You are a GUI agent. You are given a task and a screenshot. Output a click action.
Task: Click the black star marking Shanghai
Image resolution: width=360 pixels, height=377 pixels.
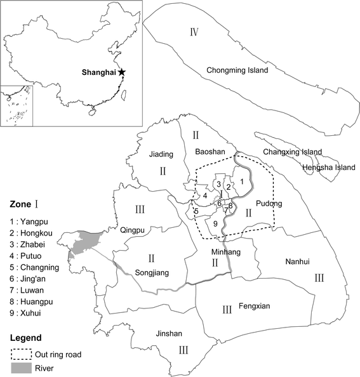(121, 73)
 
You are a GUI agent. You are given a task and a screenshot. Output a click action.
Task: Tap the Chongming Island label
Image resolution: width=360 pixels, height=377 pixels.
(237, 70)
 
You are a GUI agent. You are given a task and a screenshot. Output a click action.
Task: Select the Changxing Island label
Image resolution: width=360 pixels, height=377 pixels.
(294, 152)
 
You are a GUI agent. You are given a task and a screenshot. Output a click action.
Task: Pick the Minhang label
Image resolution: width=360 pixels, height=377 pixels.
(222, 251)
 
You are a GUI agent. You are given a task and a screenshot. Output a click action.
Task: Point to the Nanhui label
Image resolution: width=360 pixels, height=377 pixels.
(297, 261)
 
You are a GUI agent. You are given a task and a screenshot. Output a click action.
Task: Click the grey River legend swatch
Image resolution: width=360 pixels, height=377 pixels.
(20, 368)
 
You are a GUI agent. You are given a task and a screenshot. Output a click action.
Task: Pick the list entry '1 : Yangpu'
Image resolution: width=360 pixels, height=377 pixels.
(30, 223)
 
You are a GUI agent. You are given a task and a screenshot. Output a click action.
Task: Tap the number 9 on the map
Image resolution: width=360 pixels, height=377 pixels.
(216, 223)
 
